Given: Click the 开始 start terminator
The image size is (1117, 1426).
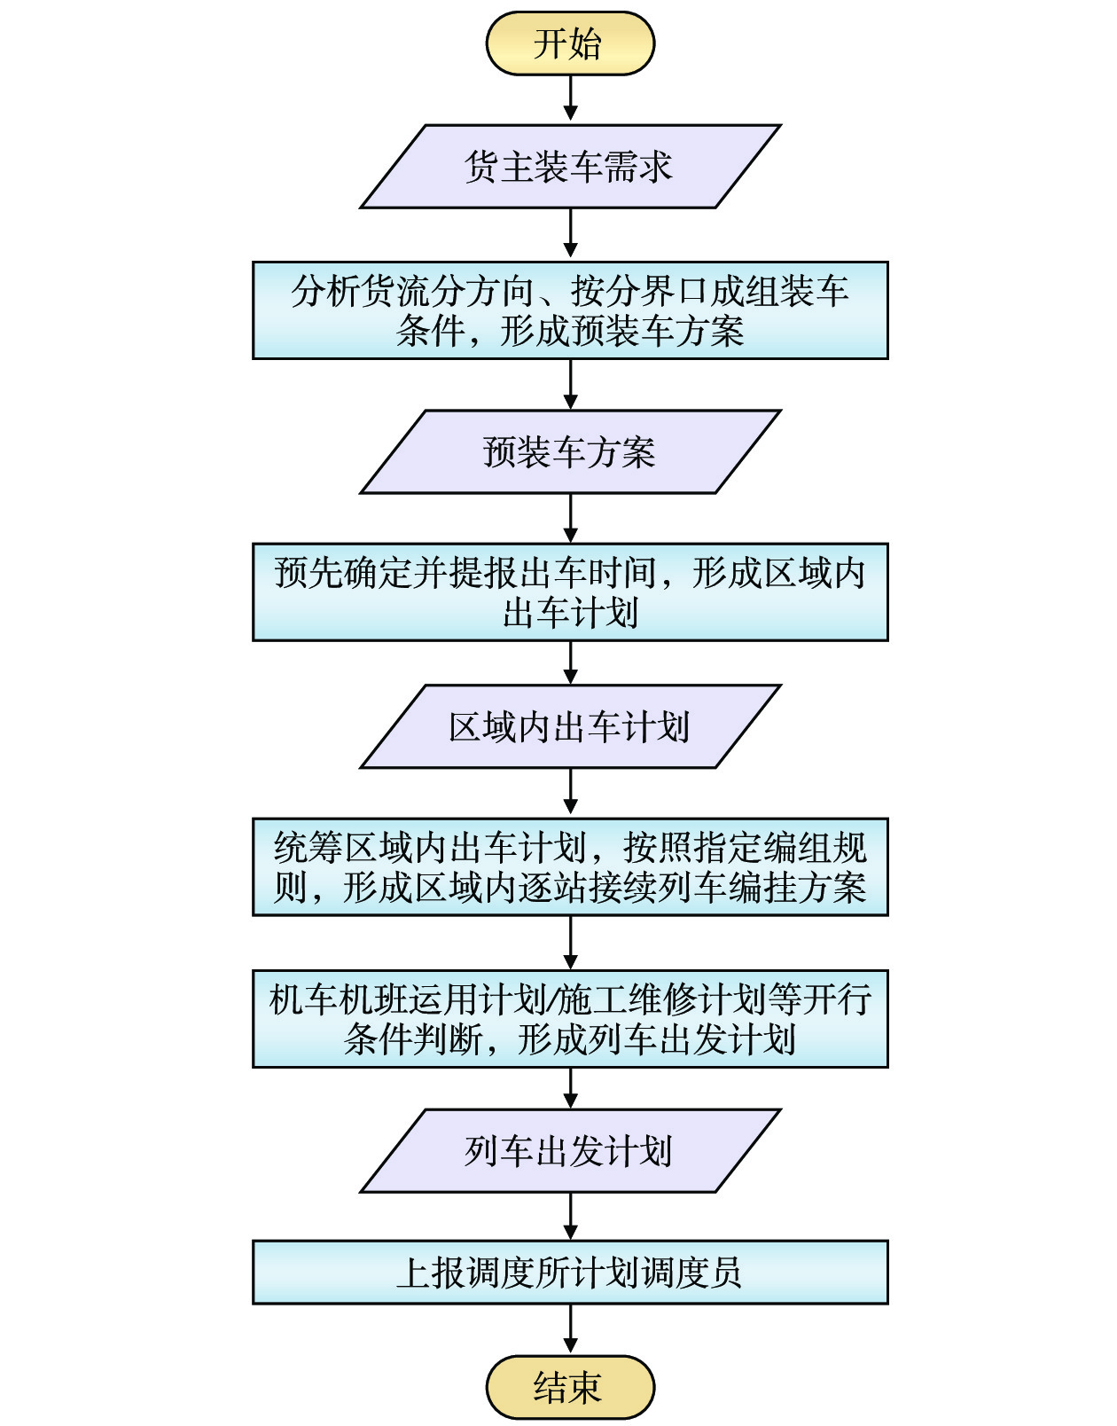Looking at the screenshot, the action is pyautogui.click(x=570, y=43).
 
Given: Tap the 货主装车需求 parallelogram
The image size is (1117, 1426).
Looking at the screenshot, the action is pyautogui.click(x=570, y=167).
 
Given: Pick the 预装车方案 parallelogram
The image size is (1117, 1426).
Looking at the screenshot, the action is pyautogui.click(x=570, y=452).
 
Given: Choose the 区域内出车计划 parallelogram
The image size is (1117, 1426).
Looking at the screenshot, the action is pyautogui.click(x=570, y=726).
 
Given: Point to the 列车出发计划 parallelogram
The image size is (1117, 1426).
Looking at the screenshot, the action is pyautogui.click(x=570, y=1151).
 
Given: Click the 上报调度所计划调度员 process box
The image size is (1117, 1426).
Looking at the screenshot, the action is pyautogui.click(x=570, y=1273).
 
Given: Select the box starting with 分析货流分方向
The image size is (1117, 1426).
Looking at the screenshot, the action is pyautogui.click(x=570, y=310).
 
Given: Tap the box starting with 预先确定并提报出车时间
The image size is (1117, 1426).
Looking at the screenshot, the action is pyautogui.click(x=570, y=592).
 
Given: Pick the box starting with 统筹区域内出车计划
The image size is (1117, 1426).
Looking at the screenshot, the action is pyautogui.click(x=570, y=867).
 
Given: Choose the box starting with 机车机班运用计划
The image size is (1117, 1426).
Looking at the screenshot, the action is pyautogui.click(x=570, y=1019).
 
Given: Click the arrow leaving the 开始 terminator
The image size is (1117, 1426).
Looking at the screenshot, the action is pyautogui.click(x=571, y=98).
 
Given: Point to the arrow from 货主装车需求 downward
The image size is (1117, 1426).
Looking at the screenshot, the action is pyautogui.click(x=571, y=233).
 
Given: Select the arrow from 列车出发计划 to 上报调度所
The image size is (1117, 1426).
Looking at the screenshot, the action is pyautogui.click(x=571, y=1216).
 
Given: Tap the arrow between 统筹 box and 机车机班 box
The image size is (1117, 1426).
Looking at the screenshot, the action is pyautogui.click(x=571, y=943).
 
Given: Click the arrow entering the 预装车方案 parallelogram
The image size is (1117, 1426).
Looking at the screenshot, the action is pyautogui.click(x=571, y=385).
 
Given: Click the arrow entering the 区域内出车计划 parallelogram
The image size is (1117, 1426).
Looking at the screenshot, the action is pyautogui.click(x=571, y=662).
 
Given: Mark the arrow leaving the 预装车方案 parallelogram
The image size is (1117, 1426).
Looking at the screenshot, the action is pyautogui.click(x=571, y=519).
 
